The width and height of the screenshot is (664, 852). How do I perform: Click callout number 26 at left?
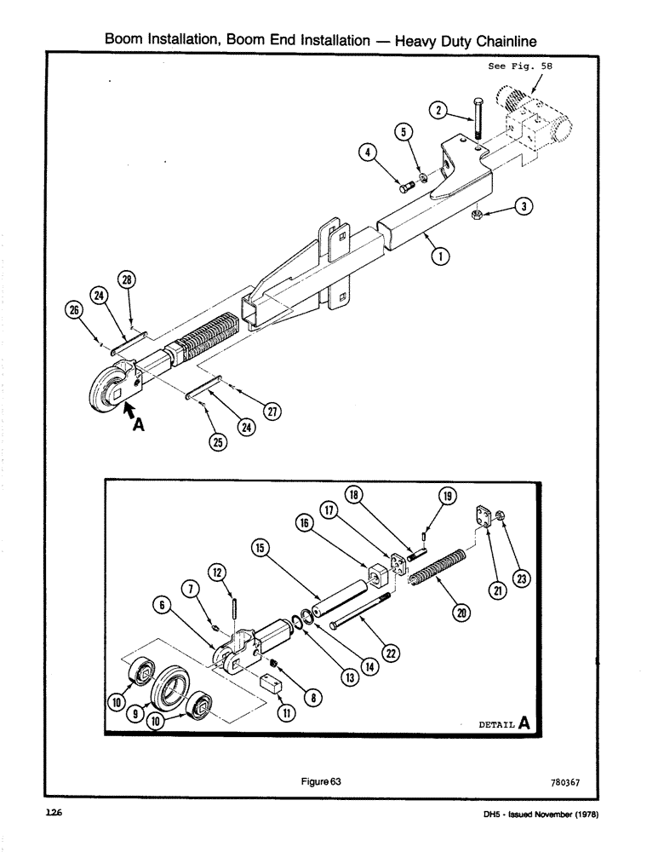point(72,310)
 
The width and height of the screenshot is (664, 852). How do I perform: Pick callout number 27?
point(273,412)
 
